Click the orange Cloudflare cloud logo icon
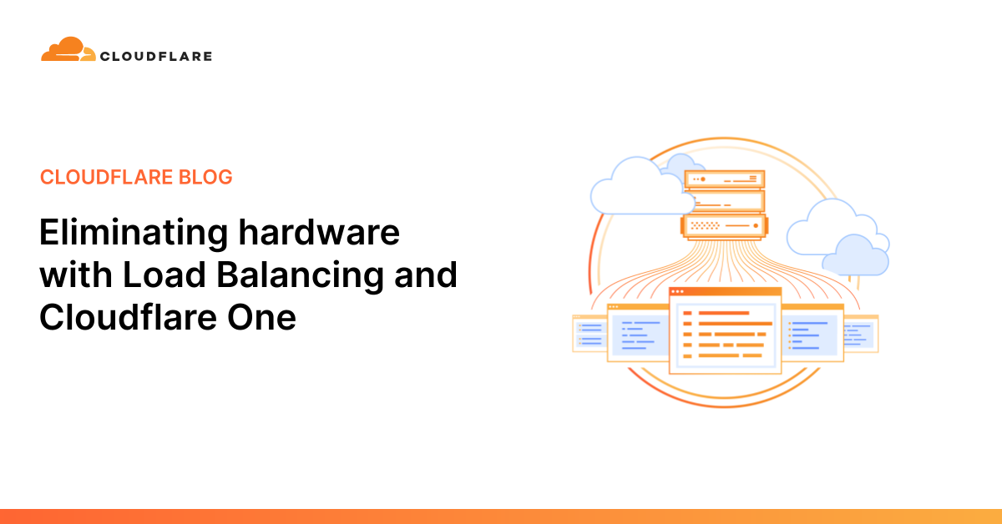point(68,49)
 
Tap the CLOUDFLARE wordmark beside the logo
point(156,57)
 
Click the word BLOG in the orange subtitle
point(205,177)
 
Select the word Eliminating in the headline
point(134,234)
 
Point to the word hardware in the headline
point(319,232)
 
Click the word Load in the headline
point(164,274)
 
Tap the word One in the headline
point(261,317)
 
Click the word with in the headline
point(76,274)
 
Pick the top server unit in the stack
point(725,179)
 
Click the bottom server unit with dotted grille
point(725,226)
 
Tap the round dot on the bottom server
point(756,226)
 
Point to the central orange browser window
point(725,330)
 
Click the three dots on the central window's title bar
point(677,291)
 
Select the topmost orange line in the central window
point(724,313)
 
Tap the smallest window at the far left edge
point(590,334)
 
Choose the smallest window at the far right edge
point(861,334)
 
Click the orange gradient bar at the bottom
point(501,516)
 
